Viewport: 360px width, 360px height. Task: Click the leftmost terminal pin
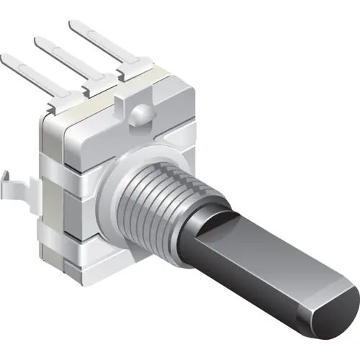pyautogui.click(x=29, y=76)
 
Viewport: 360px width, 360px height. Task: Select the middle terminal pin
pyautogui.click(x=65, y=62)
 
